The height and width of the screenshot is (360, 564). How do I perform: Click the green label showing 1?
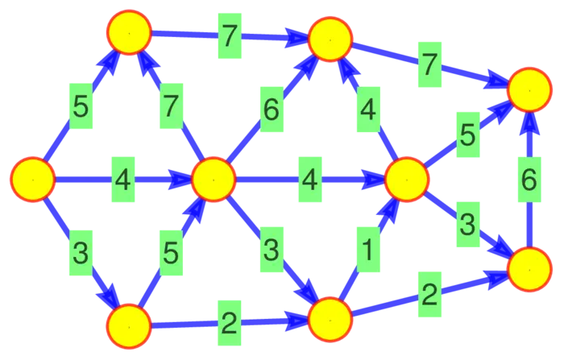click(x=367, y=250)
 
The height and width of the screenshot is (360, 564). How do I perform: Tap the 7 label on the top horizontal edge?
click(x=229, y=35)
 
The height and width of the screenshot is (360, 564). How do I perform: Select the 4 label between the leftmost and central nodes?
click(x=122, y=179)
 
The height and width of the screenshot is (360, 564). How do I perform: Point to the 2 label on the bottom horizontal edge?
click(x=229, y=324)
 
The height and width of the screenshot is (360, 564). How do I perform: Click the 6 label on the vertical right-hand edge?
click(x=529, y=180)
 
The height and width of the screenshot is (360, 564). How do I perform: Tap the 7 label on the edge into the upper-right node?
click(x=430, y=65)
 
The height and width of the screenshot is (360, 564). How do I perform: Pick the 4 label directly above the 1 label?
click(x=368, y=110)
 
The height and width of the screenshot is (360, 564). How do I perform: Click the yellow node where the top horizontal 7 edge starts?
click(x=129, y=32)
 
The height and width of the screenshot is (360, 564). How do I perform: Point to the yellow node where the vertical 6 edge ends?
click(x=529, y=89)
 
